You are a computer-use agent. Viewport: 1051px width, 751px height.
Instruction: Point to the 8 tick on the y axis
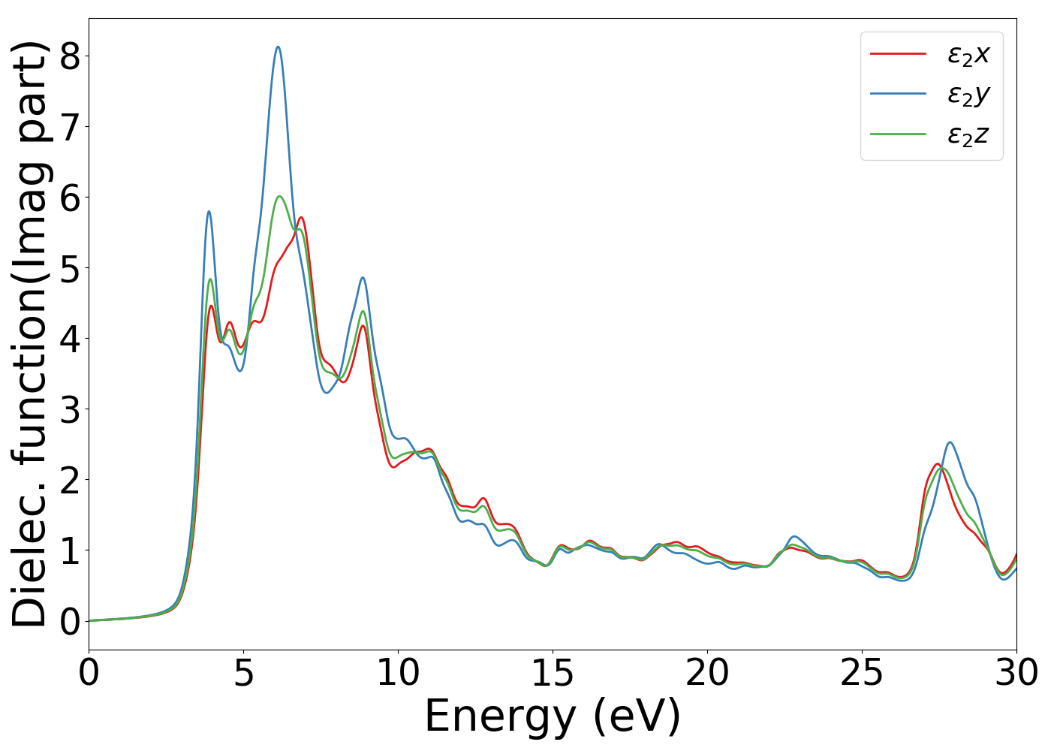click(x=69, y=56)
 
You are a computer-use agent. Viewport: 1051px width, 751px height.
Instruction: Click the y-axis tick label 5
click(x=69, y=268)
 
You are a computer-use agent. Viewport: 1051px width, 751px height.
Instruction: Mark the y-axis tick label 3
click(x=69, y=409)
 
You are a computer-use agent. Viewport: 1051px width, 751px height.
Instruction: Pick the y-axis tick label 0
click(x=69, y=621)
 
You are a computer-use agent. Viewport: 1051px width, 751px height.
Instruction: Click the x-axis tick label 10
click(x=398, y=673)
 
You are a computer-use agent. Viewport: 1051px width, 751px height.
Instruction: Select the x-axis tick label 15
click(x=553, y=673)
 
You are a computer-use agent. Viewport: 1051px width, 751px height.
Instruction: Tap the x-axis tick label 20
click(x=707, y=673)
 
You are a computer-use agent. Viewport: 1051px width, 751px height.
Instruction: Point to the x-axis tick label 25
click(x=862, y=673)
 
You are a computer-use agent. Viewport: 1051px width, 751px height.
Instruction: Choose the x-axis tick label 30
click(x=1016, y=673)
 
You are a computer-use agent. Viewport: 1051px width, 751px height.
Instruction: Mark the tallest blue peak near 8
click(x=278, y=47)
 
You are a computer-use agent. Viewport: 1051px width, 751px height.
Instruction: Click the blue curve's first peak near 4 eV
click(x=209, y=212)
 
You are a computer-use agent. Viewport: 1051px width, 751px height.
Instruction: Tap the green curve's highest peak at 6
click(x=279, y=196)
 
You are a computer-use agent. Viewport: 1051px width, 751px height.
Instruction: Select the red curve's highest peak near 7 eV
click(x=301, y=217)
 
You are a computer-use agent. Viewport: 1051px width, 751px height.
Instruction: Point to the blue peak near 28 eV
click(x=950, y=442)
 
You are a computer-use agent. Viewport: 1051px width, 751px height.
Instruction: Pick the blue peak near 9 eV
click(x=363, y=278)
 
